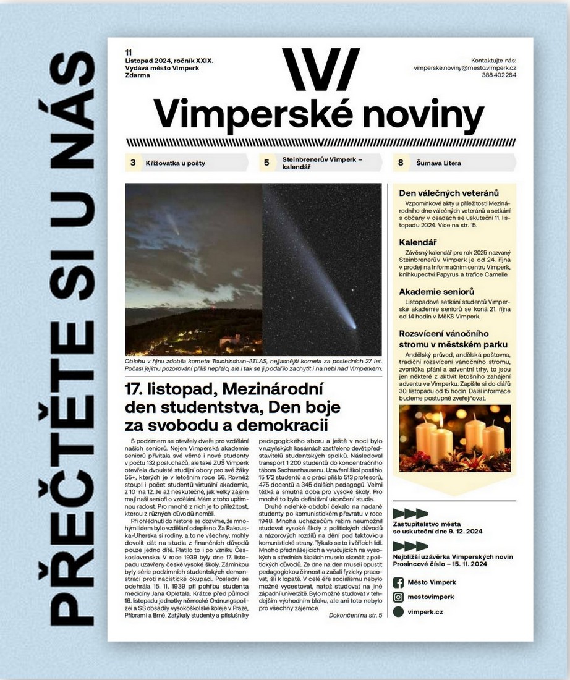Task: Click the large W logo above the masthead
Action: tap(320, 69)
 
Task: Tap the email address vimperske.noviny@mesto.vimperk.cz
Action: tap(465, 67)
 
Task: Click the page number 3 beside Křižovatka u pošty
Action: tap(133, 163)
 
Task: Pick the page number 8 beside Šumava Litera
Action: tap(401, 163)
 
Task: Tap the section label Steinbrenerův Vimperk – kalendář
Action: tap(322, 163)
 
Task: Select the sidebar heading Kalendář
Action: tap(418, 242)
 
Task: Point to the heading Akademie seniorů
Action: tap(436, 291)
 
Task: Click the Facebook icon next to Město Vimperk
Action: tap(399, 582)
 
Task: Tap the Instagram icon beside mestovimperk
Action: tap(399, 597)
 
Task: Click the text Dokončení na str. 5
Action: tap(355, 614)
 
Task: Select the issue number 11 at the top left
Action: tap(128, 52)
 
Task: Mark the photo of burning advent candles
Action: tap(454, 438)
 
